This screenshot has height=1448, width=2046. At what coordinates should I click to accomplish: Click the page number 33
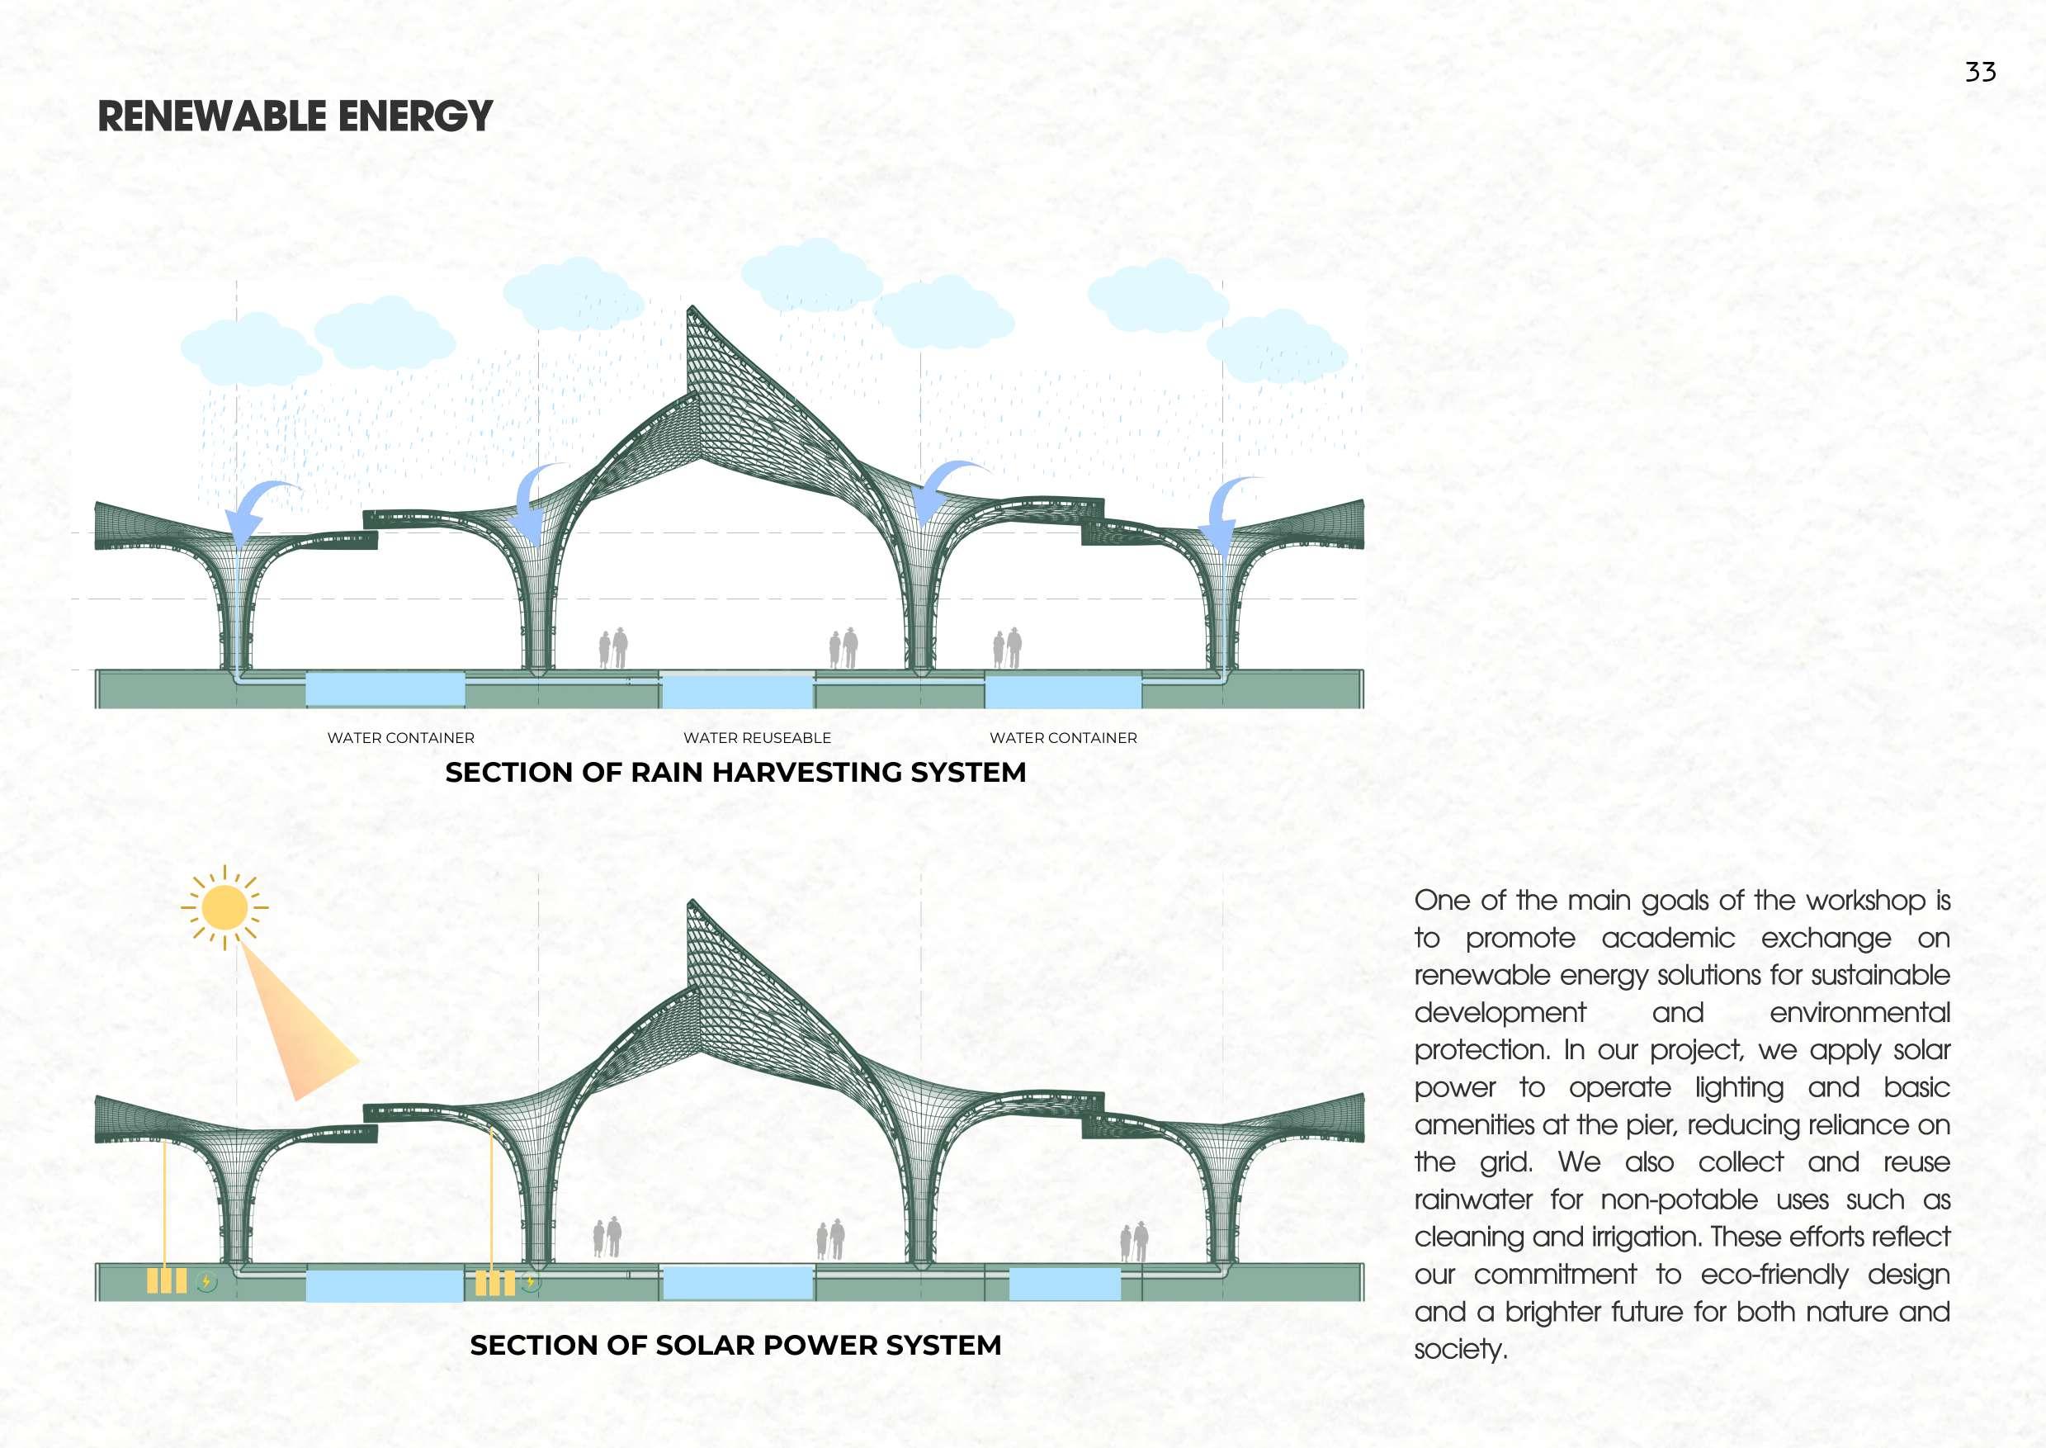pos(1979,72)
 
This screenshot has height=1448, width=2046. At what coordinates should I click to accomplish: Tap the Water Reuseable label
pos(756,738)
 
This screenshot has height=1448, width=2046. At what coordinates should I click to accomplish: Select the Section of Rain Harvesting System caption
pos(735,772)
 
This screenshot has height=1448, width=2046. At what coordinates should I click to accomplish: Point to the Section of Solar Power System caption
pos(735,1346)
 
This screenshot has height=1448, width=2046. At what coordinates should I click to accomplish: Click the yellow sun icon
pos(224,907)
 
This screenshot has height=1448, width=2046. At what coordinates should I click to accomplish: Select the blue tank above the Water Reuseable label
pos(736,691)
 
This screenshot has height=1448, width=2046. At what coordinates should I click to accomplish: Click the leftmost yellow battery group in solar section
pos(167,1281)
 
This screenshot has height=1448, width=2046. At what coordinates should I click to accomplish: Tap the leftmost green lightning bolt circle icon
pos(207,1282)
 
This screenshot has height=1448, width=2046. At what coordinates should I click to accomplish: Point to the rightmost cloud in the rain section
pos(1277,348)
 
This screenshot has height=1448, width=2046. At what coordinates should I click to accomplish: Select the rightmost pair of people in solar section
pos(1134,1242)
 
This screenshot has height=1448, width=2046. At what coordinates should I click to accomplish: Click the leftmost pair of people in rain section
pos(612,648)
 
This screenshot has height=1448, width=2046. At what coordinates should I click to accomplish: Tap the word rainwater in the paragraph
pos(1472,1200)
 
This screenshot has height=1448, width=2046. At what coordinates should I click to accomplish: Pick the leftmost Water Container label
pos(400,738)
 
